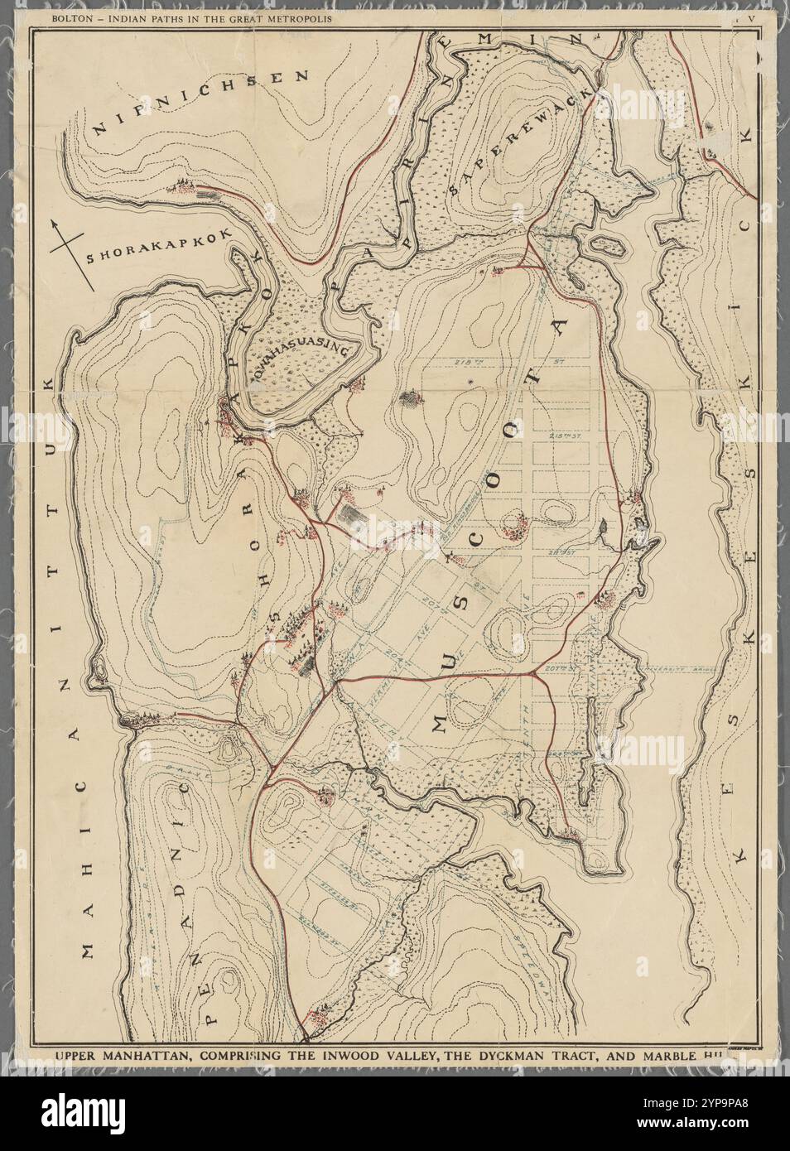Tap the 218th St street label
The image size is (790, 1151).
tap(475, 363)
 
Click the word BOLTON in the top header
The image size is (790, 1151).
tap(72, 17)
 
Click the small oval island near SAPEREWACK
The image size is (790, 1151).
tap(606, 246)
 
